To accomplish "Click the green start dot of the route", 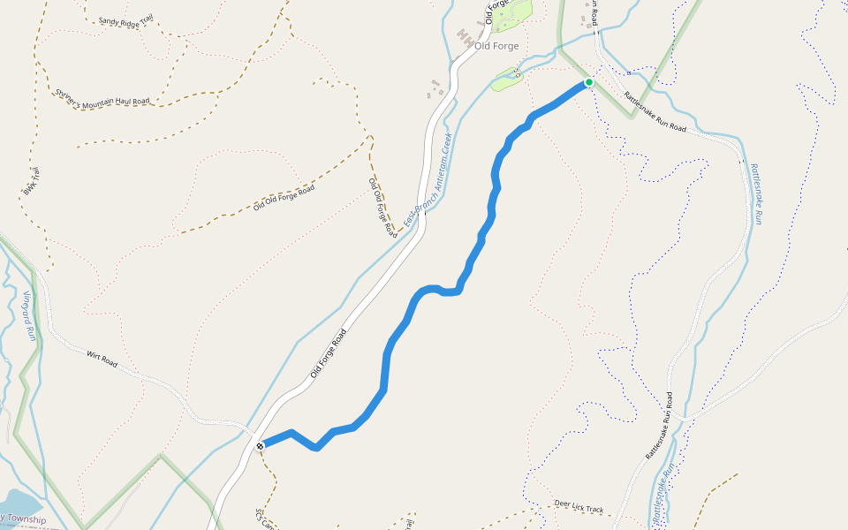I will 588,83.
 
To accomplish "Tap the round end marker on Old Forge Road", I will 261,446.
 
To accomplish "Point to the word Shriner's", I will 68,94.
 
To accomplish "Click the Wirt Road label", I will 102,359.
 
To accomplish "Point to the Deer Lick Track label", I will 579,506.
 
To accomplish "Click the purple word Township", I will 26,520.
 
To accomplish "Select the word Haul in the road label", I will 122,101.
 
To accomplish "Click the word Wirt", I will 95,357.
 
